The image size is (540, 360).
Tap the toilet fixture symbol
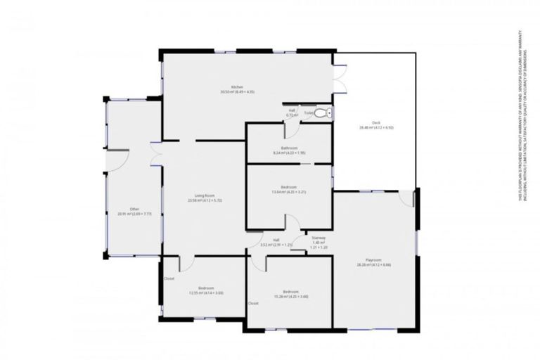(x=321, y=112)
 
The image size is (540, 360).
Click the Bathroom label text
(x=289, y=148)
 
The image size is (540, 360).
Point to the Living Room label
(x=205, y=195)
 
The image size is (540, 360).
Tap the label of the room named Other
(x=124, y=209)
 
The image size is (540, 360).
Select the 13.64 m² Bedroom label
(x=289, y=187)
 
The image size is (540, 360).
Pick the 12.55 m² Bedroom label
(x=205, y=288)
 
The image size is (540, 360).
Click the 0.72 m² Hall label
(x=290, y=110)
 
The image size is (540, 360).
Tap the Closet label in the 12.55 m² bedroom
(x=169, y=278)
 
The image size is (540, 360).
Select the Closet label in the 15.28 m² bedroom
(x=252, y=303)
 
